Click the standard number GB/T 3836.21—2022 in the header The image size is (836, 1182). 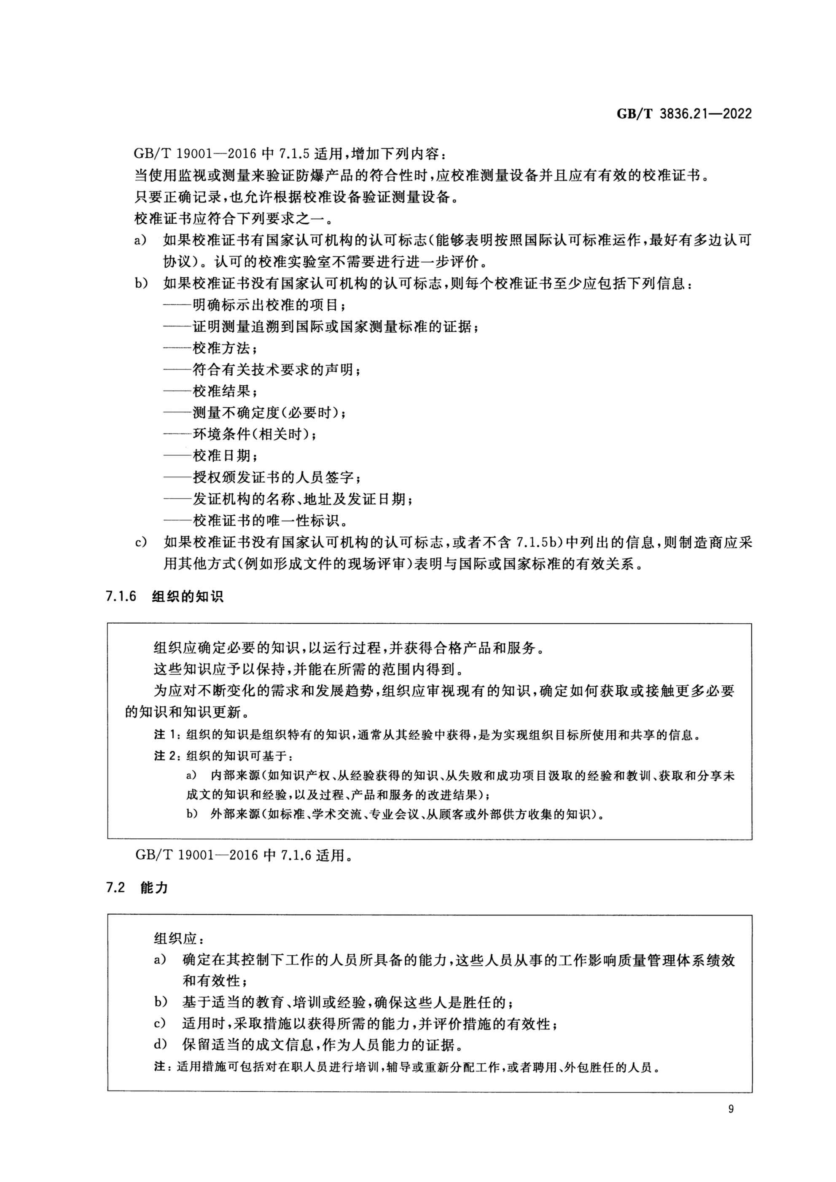[x=684, y=114]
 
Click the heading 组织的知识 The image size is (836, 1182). [x=188, y=597]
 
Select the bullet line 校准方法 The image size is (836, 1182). [x=221, y=348]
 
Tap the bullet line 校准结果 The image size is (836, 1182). [x=221, y=391]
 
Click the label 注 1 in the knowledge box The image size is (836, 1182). [x=166, y=735]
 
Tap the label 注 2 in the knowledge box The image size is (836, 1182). [x=166, y=756]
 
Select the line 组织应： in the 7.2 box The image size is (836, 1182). [x=175, y=938]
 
